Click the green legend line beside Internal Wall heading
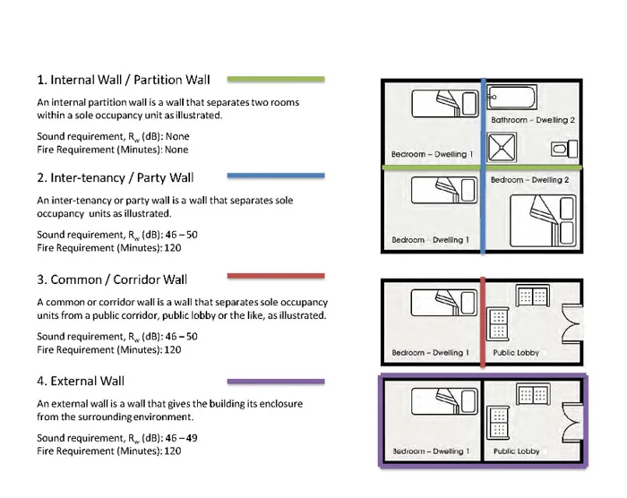coord(275,79)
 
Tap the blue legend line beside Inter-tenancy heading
coord(275,176)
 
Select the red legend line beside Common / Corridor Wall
coord(275,276)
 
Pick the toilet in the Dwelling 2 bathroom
coord(562,148)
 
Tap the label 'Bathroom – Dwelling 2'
coord(532,119)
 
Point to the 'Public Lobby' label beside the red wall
coord(516,353)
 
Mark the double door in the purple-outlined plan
coord(570,422)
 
